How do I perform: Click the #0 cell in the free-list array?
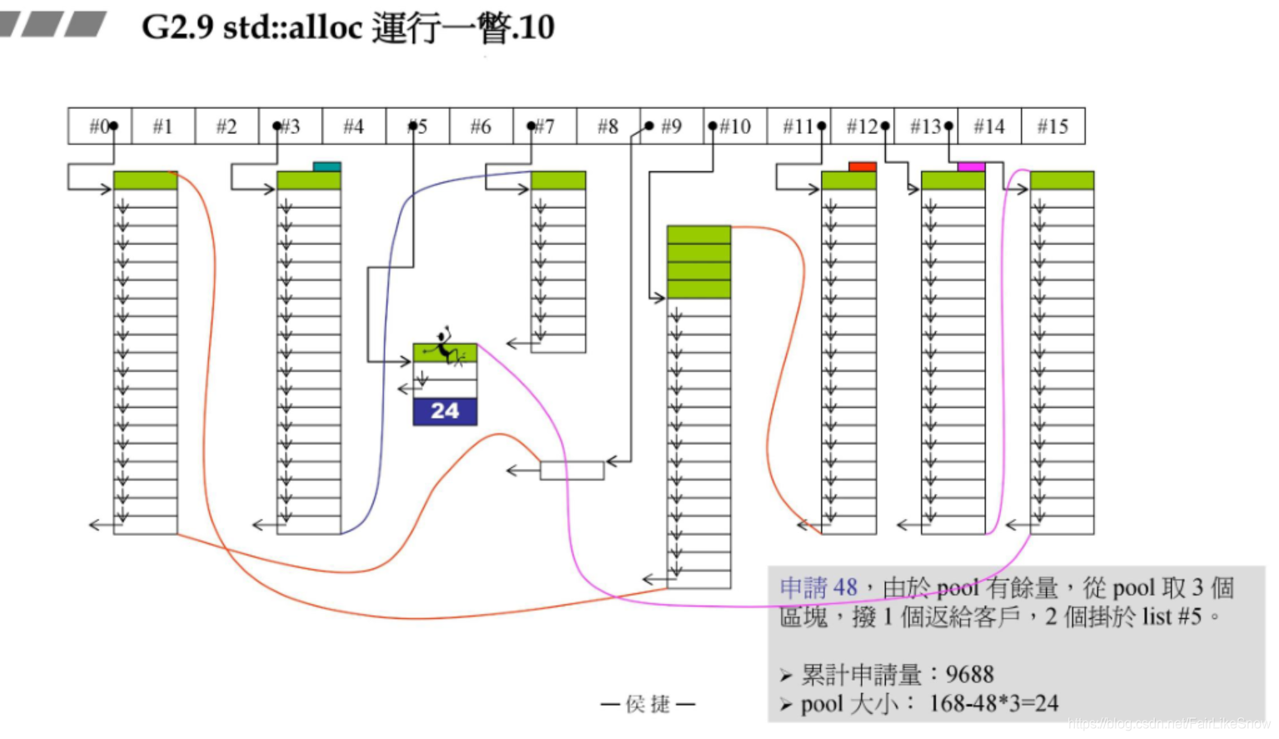pyautogui.click(x=100, y=126)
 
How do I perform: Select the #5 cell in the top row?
pyautogui.click(x=418, y=126)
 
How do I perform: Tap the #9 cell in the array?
pyautogui.click(x=671, y=126)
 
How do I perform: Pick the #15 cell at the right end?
pyautogui.click(x=1053, y=126)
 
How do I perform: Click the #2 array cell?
pyautogui.click(x=226, y=126)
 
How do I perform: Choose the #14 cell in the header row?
pyautogui.click(x=989, y=126)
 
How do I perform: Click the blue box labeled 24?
pyautogui.click(x=445, y=411)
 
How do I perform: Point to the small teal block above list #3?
pyautogui.click(x=326, y=166)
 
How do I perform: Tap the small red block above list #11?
pyautogui.click(x=862, y=166)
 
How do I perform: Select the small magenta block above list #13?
pyautogui.click(x=971, y=166)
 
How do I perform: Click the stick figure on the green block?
pyautogui.click(x=445, y=345)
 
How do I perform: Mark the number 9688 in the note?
pyautogui.click(x=969, y=674)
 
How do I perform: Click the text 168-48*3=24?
pyautogui.click(x=993, y=704)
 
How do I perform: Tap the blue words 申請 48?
pyautogui.click(x=818, y=588)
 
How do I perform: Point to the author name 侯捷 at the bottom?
pyautogui.click(x=648, y=705)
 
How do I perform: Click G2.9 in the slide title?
pyautogui.click(x=177, y=27)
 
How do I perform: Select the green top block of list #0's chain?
pyautogui.click(x=145, y=181)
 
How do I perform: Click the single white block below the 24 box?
pyautogui.click(x=571, y=471)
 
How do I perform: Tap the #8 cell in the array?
pyautogui.click(x=608, y=126)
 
